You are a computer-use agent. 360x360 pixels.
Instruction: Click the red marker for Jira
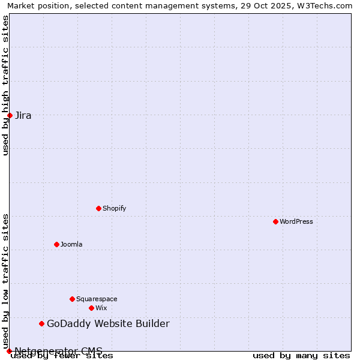point(10,115)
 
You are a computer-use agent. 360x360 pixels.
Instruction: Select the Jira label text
point(23,116)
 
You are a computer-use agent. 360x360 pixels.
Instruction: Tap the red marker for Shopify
point(98,208)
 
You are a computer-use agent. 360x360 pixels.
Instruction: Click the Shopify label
point(114,209)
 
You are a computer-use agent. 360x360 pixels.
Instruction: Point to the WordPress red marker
point(275,221)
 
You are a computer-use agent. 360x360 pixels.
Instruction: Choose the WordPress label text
point(296,222)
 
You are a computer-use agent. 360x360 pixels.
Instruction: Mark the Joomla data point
point(56,244)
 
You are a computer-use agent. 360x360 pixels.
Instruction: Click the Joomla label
point(71,245)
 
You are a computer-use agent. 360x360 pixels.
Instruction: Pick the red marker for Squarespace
point(72,299)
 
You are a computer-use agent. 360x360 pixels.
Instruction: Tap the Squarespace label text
point(97,299)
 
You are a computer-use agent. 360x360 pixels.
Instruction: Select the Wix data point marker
point(91,308)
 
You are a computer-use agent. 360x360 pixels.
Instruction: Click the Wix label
point(101,308)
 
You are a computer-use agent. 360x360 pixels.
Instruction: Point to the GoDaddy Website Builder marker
point(41,323)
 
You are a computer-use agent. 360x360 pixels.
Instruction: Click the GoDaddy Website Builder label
point(108,324)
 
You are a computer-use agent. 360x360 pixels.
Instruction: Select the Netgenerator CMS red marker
point(9,351)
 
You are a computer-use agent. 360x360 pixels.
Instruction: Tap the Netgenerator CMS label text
point(58,351)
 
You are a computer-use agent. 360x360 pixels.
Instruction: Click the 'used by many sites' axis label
point(301,356)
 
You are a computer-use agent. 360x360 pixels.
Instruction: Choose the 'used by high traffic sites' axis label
point(6,85)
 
